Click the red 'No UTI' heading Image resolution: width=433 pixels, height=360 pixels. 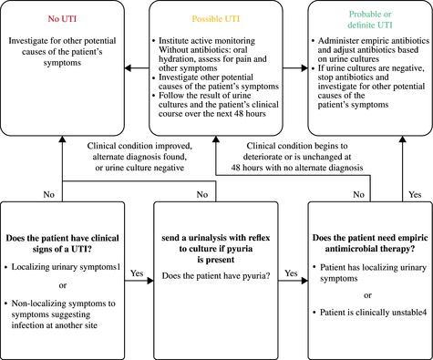[62, 19]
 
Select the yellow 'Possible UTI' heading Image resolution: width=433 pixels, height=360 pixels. [216, 19]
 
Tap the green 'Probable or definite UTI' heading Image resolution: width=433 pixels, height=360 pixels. [370, 19]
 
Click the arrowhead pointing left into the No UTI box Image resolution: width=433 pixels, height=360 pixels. [128, 68]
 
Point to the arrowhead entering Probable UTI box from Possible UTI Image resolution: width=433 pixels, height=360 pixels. [304, 68]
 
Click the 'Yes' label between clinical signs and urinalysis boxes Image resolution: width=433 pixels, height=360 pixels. [137, 273]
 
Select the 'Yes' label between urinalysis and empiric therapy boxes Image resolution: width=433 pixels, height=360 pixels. [291, 273]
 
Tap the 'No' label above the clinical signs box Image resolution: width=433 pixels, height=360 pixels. [49, 194]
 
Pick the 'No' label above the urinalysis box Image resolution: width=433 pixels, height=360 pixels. [202, 194]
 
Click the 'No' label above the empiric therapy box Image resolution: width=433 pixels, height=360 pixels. [359, 194]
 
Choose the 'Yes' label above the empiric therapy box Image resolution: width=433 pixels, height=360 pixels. [415, 194]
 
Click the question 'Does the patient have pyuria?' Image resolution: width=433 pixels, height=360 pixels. [216, 276]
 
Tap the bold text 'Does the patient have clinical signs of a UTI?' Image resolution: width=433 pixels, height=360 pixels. [62, 243]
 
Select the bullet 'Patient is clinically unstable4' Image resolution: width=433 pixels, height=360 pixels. [370, 313]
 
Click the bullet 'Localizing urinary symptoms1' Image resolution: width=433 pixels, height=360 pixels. [63, 267]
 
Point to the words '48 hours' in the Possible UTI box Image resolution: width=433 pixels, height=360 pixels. [251, 114]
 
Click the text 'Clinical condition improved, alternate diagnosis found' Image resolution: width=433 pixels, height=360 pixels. [139, 151]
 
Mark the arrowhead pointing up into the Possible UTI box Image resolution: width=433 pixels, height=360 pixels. [216, 139]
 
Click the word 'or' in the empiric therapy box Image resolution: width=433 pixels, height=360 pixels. [367, 295]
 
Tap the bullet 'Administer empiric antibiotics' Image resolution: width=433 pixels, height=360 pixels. [371, 41]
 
